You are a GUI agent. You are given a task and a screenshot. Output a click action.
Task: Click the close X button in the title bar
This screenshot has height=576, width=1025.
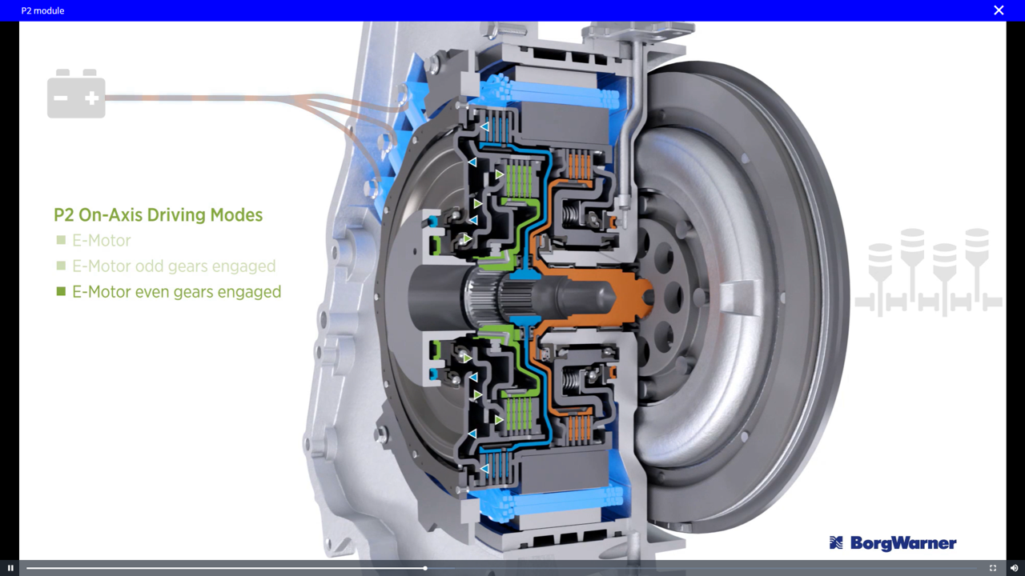pos(999,10)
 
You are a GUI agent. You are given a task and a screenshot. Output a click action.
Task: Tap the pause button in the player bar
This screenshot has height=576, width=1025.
pos(10,568)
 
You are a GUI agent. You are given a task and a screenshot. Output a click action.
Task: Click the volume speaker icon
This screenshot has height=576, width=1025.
pos(1014,568)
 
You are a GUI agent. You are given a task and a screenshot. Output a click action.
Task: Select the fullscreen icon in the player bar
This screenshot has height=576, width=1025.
pos(992,568)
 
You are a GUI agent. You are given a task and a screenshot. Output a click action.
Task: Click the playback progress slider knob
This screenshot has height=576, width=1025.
pos(425,568)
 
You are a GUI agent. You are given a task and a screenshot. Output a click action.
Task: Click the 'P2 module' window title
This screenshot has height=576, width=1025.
pos(42,10)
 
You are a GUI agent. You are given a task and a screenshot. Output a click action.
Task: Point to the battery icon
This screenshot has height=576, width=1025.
pos(76,94)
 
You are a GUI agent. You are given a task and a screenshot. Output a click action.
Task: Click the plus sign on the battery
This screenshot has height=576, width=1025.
pos(92,98)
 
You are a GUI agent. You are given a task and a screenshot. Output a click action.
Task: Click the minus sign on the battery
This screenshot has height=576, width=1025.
pos(60,98)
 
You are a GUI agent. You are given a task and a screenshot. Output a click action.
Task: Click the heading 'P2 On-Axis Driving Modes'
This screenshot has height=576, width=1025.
pos(158,215)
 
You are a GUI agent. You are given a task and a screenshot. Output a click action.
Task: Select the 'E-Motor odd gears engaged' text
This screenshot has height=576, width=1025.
pos(174,266)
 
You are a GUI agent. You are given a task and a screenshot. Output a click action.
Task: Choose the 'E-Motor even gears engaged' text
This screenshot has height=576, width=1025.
pos(177,292)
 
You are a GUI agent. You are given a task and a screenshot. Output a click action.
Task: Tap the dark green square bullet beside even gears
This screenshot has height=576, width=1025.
pos(61,291)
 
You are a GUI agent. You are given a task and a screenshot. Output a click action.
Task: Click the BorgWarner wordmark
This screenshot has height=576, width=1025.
pos(903,543)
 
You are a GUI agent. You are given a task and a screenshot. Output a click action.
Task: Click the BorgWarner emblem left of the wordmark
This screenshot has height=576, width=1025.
pos(836,542)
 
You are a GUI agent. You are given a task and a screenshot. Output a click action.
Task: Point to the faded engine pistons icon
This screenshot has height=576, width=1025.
pos(928,273)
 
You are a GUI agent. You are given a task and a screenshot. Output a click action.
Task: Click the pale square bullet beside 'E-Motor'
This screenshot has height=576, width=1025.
pos(61,240)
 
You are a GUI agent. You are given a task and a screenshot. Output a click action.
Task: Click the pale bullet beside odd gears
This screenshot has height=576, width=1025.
pos(61,266)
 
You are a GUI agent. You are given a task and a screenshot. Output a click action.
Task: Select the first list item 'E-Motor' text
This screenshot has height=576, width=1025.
pos(102,241)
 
